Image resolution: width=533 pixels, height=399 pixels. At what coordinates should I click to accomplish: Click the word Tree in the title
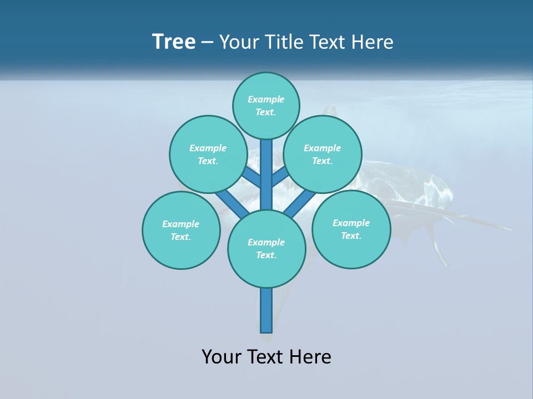pyautogui.click(x=174, y=42)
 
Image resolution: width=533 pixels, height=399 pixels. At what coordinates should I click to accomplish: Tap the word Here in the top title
pyautogui.click(x=371, y=42)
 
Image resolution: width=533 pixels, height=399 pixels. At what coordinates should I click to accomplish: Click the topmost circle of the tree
pyautogui.click(x=266, y=105)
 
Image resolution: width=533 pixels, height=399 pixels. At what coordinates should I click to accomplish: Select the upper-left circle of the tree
pyautogui.click(x=208, y=154)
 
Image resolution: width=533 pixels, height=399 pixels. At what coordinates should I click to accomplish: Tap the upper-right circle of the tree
pyautogui.click(x=323, y=154)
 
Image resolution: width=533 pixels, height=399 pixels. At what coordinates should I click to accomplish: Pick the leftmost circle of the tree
pyautogui.click(x=181, y=230)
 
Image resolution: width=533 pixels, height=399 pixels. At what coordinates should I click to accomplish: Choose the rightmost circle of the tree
pyautogui.click(x=351, y=229)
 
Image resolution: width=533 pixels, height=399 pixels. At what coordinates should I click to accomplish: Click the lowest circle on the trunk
pyautogui.click(x=266, y=249)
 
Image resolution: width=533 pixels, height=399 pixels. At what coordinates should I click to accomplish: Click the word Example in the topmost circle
pyautogui.click(x=266, y=99)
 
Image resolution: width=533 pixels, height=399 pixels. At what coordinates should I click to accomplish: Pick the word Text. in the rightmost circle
pyautogui.click(x=351, y=236)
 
